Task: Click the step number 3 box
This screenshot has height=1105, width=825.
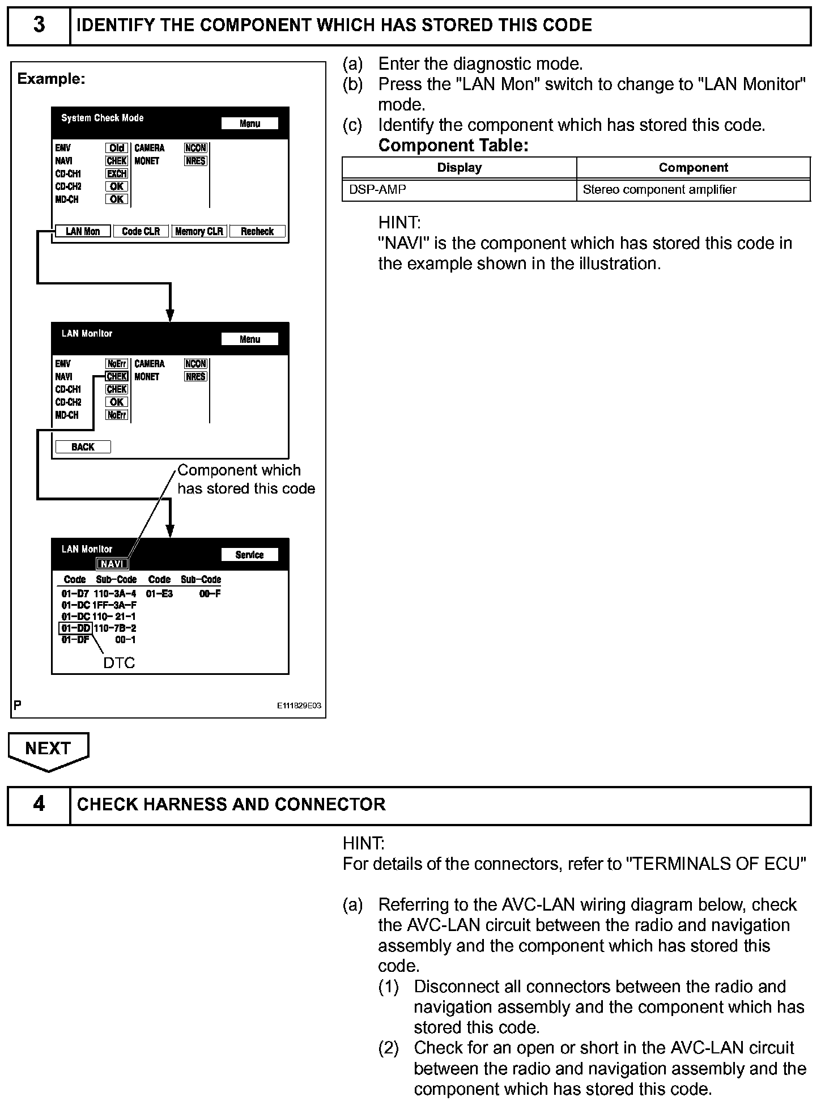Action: (x=39, y=25)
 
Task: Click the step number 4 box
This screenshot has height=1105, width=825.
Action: (x=39, y=805)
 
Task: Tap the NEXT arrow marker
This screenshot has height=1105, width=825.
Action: (x=48, y=750)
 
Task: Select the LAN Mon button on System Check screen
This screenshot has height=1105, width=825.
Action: (x=83, y=231)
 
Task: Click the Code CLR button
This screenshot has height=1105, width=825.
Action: (x=141, y=231)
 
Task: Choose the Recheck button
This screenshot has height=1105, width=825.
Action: (x=257, y=231)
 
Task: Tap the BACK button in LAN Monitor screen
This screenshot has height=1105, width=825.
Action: (x=83, y=447)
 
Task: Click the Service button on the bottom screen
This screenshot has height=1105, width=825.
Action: (x=249, y=555)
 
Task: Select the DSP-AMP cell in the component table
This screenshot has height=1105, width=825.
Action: (x=459, y=190)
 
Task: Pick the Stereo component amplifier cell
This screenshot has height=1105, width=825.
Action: (x=693, y=190)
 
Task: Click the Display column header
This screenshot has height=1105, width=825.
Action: (x=459, y=168)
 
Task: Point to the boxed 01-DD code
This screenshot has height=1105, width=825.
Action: (x=75, y=628)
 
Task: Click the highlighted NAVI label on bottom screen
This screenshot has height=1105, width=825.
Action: (x=112, y=564)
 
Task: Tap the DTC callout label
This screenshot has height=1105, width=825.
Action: (x=119, y=662)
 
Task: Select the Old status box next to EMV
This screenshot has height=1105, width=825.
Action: (x=117, y=148)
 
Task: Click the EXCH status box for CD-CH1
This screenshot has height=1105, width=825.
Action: (x=117, y=174)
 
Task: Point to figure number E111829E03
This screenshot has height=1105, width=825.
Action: (x=299, y=705)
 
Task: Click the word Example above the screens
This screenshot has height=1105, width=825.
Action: (x=51, y=79)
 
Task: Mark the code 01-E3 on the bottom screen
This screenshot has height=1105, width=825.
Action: (x=159, y=594)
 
